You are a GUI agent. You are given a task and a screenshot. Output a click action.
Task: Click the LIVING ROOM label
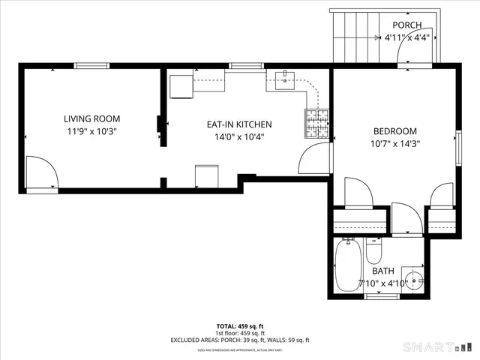(91, 118)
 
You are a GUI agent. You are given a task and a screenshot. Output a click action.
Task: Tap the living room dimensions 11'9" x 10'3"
(91, 131)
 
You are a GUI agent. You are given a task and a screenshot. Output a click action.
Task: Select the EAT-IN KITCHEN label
(239, 124)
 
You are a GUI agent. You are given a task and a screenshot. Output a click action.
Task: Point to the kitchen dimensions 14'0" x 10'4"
(239, 137)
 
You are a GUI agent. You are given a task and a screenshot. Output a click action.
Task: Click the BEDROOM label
(394, 130)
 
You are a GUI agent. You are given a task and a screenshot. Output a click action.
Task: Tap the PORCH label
(406, 25)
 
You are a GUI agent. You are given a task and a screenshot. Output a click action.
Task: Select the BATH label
(382, 271)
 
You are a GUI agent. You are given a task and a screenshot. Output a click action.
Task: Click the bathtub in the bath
(347, 265)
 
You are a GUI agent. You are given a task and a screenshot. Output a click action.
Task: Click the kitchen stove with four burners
(316, 124)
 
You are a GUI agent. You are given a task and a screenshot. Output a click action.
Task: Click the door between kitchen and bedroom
(314, 158)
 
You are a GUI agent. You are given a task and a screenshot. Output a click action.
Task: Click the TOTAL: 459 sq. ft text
(239, 326)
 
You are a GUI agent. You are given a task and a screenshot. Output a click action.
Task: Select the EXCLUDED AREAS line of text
(239, 340)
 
